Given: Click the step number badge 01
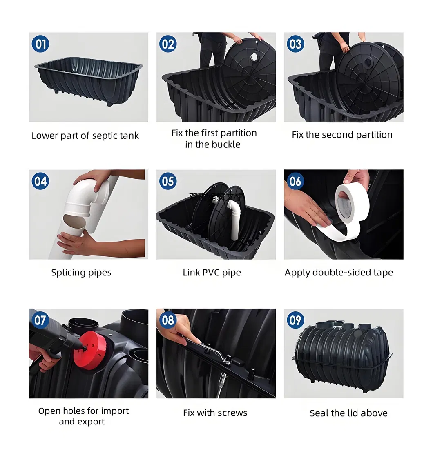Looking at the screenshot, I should coord(40,44).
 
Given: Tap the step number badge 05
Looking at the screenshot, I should coord(168,181).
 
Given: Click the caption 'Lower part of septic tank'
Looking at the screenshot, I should coord(85,136).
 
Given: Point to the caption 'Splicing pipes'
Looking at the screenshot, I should coord(81,273).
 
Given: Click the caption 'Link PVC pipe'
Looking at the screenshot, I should coord(212,273).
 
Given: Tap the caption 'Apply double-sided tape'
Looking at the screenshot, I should coord(339,273).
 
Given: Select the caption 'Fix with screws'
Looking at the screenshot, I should coord(215,413).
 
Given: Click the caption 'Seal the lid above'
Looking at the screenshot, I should coord(348,413).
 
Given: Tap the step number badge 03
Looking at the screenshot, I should coord(295,44).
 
